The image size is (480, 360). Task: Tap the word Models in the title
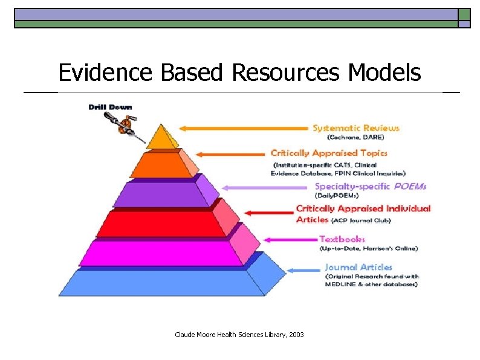click(384, 73)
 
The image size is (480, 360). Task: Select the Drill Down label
click(110, 108)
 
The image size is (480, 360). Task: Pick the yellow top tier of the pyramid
click(161, 138)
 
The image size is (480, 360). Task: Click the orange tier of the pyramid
click(160, 166)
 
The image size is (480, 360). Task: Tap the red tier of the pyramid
click(161, 223)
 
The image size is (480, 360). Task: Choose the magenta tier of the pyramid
click(161, 252)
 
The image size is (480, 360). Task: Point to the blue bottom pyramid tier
click(161, 282)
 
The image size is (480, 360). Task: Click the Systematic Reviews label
click(355, 128)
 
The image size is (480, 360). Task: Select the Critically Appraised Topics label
click(329, 153)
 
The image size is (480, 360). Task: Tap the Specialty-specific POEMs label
click(370, 187)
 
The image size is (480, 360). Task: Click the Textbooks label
click(342, 239)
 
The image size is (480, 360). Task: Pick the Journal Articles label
click(358, 267)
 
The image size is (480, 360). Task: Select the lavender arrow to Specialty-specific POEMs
click(266, 187)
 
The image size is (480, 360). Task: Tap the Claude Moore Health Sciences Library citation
click(239, 334)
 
